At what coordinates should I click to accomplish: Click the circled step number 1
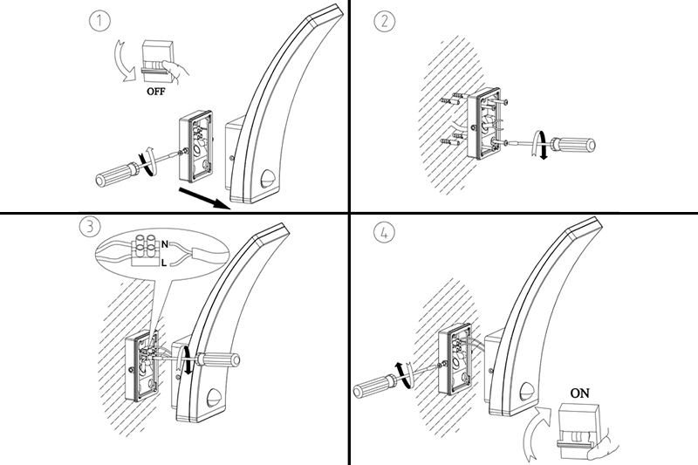[99, 20]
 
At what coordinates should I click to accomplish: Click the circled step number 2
[384, 21]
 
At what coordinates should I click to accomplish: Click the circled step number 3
[90, 227]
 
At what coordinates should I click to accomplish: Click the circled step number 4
[384, 232]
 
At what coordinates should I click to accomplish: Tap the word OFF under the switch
[156, 92]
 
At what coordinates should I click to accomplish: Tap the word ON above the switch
[579, 393]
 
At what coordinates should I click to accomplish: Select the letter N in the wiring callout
[165, 244]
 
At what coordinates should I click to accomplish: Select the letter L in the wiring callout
[164, 263]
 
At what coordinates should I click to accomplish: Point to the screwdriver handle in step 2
[573, 146]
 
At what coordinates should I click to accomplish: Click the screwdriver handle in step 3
[219, 359]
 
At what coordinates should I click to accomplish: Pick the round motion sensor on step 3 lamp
[215, 397]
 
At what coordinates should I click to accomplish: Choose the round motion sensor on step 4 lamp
[528, 390]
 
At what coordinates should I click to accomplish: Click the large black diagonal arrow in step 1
[204, 198]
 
